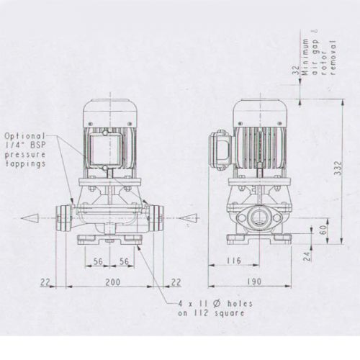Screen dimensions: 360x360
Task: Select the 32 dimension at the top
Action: [x=296, y=72]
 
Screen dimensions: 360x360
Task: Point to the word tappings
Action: [x=27, y=164]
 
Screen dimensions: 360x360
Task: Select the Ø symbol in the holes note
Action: [x=212, y=302]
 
